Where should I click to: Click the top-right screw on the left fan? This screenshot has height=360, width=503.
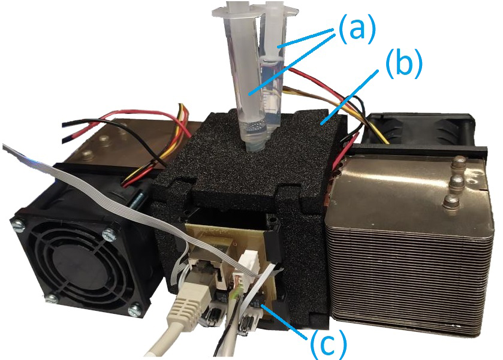pyautogui.click(x=109, y=234)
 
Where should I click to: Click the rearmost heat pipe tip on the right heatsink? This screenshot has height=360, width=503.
pyautogui.click(x=459, y=162)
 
